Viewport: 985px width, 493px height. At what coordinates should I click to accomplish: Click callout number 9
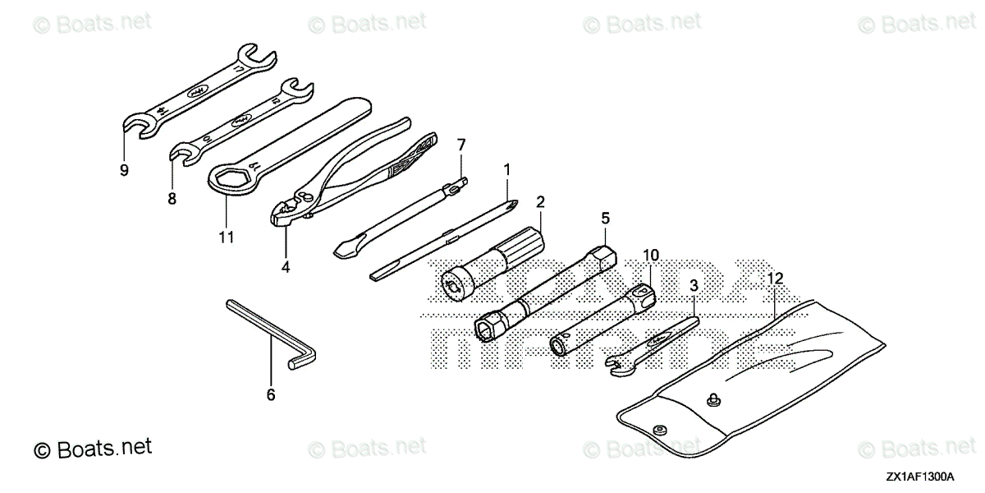point(124,171)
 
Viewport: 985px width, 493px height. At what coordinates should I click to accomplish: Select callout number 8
point(172,198)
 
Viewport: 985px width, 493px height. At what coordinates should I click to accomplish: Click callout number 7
point(461,145)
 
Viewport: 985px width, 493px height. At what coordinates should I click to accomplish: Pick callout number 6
point(271,395)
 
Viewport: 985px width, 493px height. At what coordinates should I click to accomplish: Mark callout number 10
point(651,256)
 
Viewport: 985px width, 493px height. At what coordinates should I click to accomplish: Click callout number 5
point(605,218)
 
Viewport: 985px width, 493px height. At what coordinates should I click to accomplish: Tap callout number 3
point(694,286)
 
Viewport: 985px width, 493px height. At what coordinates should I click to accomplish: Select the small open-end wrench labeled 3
point(648,345)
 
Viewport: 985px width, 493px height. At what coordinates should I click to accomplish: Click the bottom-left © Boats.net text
point(93,449)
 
